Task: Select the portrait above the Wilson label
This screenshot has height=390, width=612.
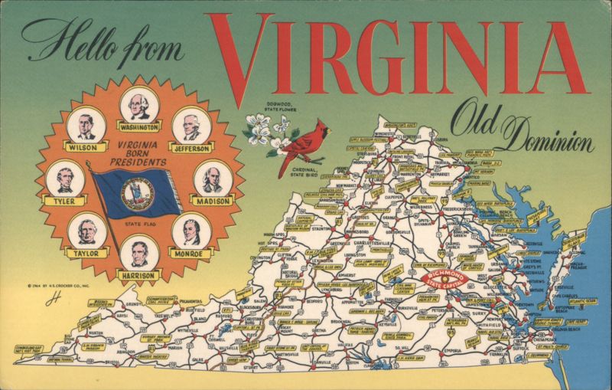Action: tap(82, 123)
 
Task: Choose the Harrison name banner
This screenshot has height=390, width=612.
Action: tap(138, 274)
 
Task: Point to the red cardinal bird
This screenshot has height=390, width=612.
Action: tap(291, 150)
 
